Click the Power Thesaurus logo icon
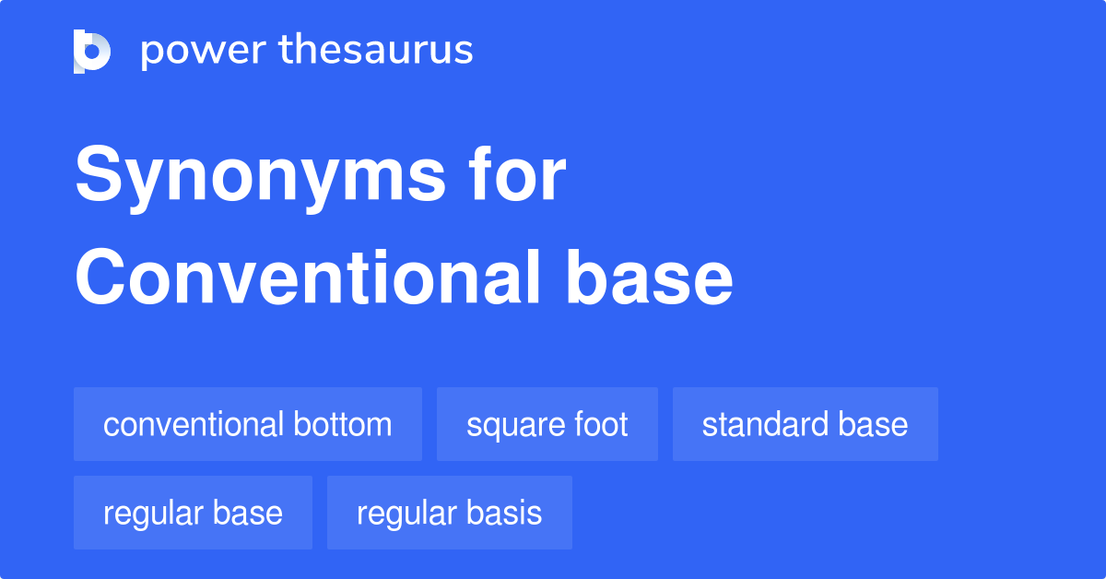point(92,51)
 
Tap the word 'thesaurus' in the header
point(377,51)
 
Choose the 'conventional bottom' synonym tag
point(247,424)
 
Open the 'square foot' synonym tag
point(547,424)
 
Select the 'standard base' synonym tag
point(805,424)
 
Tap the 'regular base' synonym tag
point(193,513)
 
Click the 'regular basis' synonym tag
point(449,513)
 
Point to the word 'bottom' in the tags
point(343,424)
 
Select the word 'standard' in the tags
point(763,424)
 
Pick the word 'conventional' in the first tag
point(194,424)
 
